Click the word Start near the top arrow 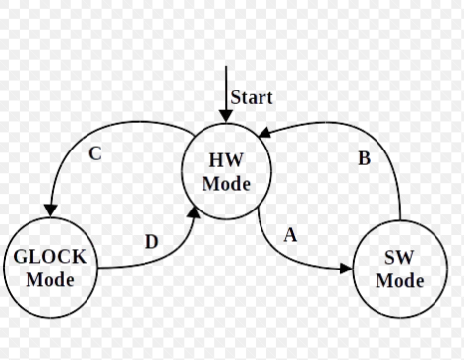click(x=252, y=97)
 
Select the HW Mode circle click(x=226, y=173)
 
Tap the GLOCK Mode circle click(x=50, y=266)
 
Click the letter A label click(x=290, y=235)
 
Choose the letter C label click(x=95, y=154)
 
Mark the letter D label click(x=151, y=242)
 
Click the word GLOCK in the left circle click(x=50, y=257)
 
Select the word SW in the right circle click(x=399, y=258)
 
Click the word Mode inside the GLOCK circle click(x=50, y=278)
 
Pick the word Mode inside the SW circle click(x=399, y=280)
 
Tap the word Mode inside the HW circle click(x=226, y=184)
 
